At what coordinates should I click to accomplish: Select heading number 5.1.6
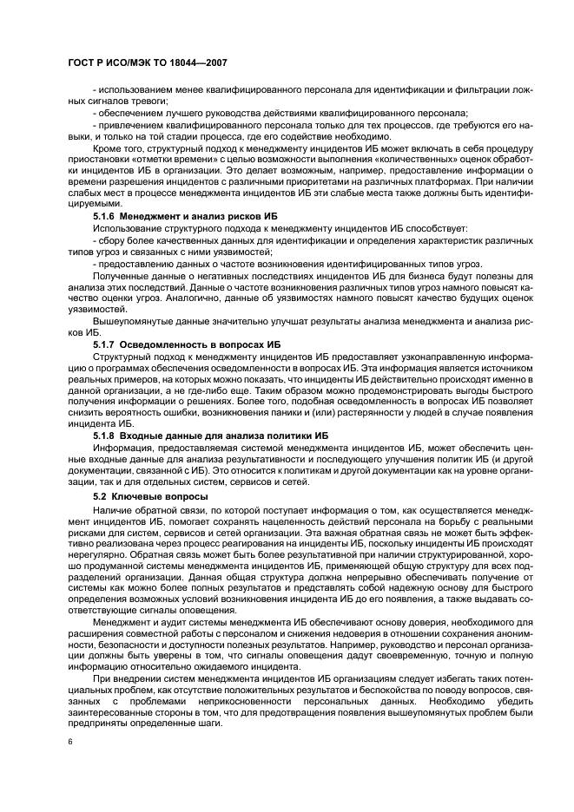point(104,213)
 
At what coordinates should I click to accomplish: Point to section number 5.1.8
point(104,435)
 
